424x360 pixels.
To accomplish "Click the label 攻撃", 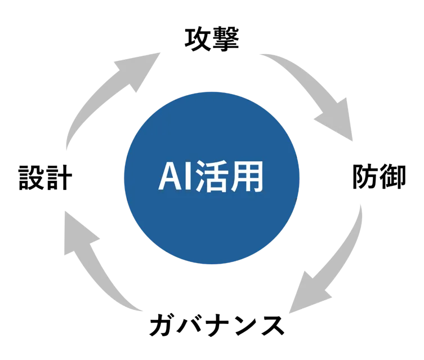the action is [x=212, y=39].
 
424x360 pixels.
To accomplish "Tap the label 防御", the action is [x=379, y=176].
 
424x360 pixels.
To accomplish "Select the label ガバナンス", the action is [x=217, y=325].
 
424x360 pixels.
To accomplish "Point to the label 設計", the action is [x=45, y=177].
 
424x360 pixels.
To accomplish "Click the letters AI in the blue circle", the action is [x=175, y=176].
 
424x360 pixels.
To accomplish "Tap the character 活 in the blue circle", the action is [x=211, y=176].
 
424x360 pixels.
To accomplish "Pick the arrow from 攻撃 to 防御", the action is [x=319, y=89].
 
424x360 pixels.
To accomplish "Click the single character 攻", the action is [x=198, y=39].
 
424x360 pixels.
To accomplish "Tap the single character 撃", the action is [x=226, y=39].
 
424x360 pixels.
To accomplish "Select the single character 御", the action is [x=393, y=176].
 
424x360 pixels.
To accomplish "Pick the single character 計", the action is [x=59, y=177].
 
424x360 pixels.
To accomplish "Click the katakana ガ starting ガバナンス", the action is [x=162, y=325].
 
